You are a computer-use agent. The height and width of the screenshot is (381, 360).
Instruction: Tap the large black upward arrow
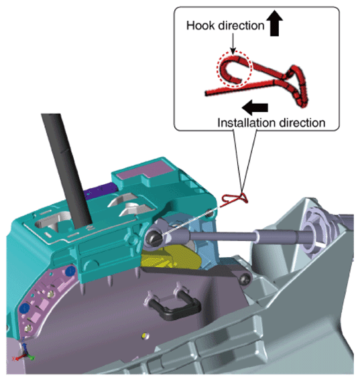pyautogui.click(x=275, y=23)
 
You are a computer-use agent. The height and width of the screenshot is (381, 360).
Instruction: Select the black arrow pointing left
pyautogui.click(x=255, y=108)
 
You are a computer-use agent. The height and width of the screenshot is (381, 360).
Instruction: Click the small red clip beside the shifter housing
pyautogui.click(x=235, y=200)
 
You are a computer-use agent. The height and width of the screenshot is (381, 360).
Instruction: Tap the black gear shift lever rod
pyautogui.click(x=66, y=170)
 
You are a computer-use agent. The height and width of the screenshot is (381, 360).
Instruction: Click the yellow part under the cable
pyautogui.click(x=170, y=258)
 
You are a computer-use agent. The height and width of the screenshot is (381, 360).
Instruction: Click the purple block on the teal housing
pyautogui.click(x=101, y=189)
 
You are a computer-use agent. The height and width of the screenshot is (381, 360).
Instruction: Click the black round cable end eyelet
pyautogui.click(x=155, y=238)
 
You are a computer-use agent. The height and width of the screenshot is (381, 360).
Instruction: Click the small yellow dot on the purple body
pyautogui.click(x=144, y=335)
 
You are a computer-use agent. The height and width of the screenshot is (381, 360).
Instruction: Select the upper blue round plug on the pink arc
pyautogui.click(x=70, y=271)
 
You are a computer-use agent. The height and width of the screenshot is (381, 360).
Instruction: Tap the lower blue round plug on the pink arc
pyautogui.click(x=25, y=309)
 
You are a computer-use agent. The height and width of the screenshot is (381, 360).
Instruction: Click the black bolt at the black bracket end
pyautogui.click(x=245, y=279)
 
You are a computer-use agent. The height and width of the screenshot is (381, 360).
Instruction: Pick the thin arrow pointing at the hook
pyautogui.click(x=233, y=44)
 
